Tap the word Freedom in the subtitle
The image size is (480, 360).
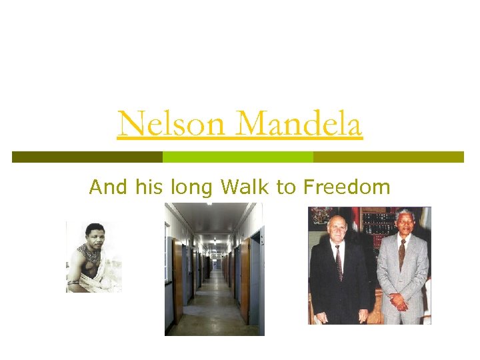tap(347, 187)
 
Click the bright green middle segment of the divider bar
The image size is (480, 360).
tap(238, 157)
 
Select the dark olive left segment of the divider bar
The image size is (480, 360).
tap(87, 157)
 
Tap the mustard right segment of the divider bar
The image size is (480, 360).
tap(388, 157)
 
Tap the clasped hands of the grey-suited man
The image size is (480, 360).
tap(399, 302)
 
